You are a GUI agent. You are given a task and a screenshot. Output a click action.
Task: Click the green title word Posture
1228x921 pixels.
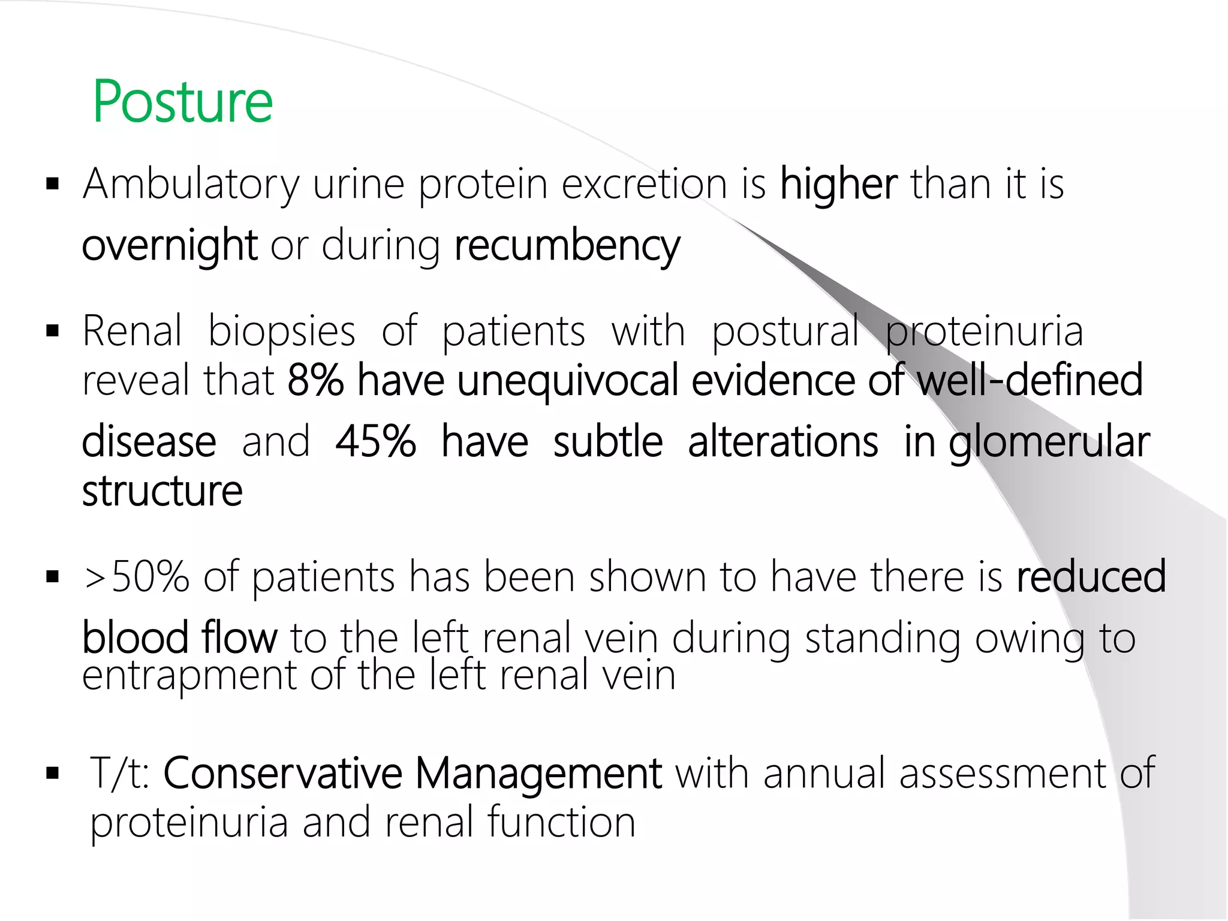pos(183,102)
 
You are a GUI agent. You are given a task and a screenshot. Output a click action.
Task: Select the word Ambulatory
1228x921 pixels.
pos(191,185)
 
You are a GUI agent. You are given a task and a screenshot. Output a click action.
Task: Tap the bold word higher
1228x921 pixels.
pos(838,183)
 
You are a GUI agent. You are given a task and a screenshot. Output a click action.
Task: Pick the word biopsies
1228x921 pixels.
pos(282,332)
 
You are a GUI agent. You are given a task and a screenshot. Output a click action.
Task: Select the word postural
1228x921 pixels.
pos(785,332)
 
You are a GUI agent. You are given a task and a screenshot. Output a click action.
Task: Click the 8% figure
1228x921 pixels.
pos(315,381)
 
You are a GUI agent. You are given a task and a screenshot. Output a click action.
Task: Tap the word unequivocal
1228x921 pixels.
pos(568,381)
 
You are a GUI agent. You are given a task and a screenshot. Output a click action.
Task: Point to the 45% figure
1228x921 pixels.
pos(376,442)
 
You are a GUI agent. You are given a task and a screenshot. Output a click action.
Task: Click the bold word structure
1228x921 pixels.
pos(162,491)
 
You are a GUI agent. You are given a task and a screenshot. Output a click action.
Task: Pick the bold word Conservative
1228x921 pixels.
pos(282,773)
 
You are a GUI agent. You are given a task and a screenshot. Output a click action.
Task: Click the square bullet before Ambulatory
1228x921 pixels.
pos(53,183)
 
